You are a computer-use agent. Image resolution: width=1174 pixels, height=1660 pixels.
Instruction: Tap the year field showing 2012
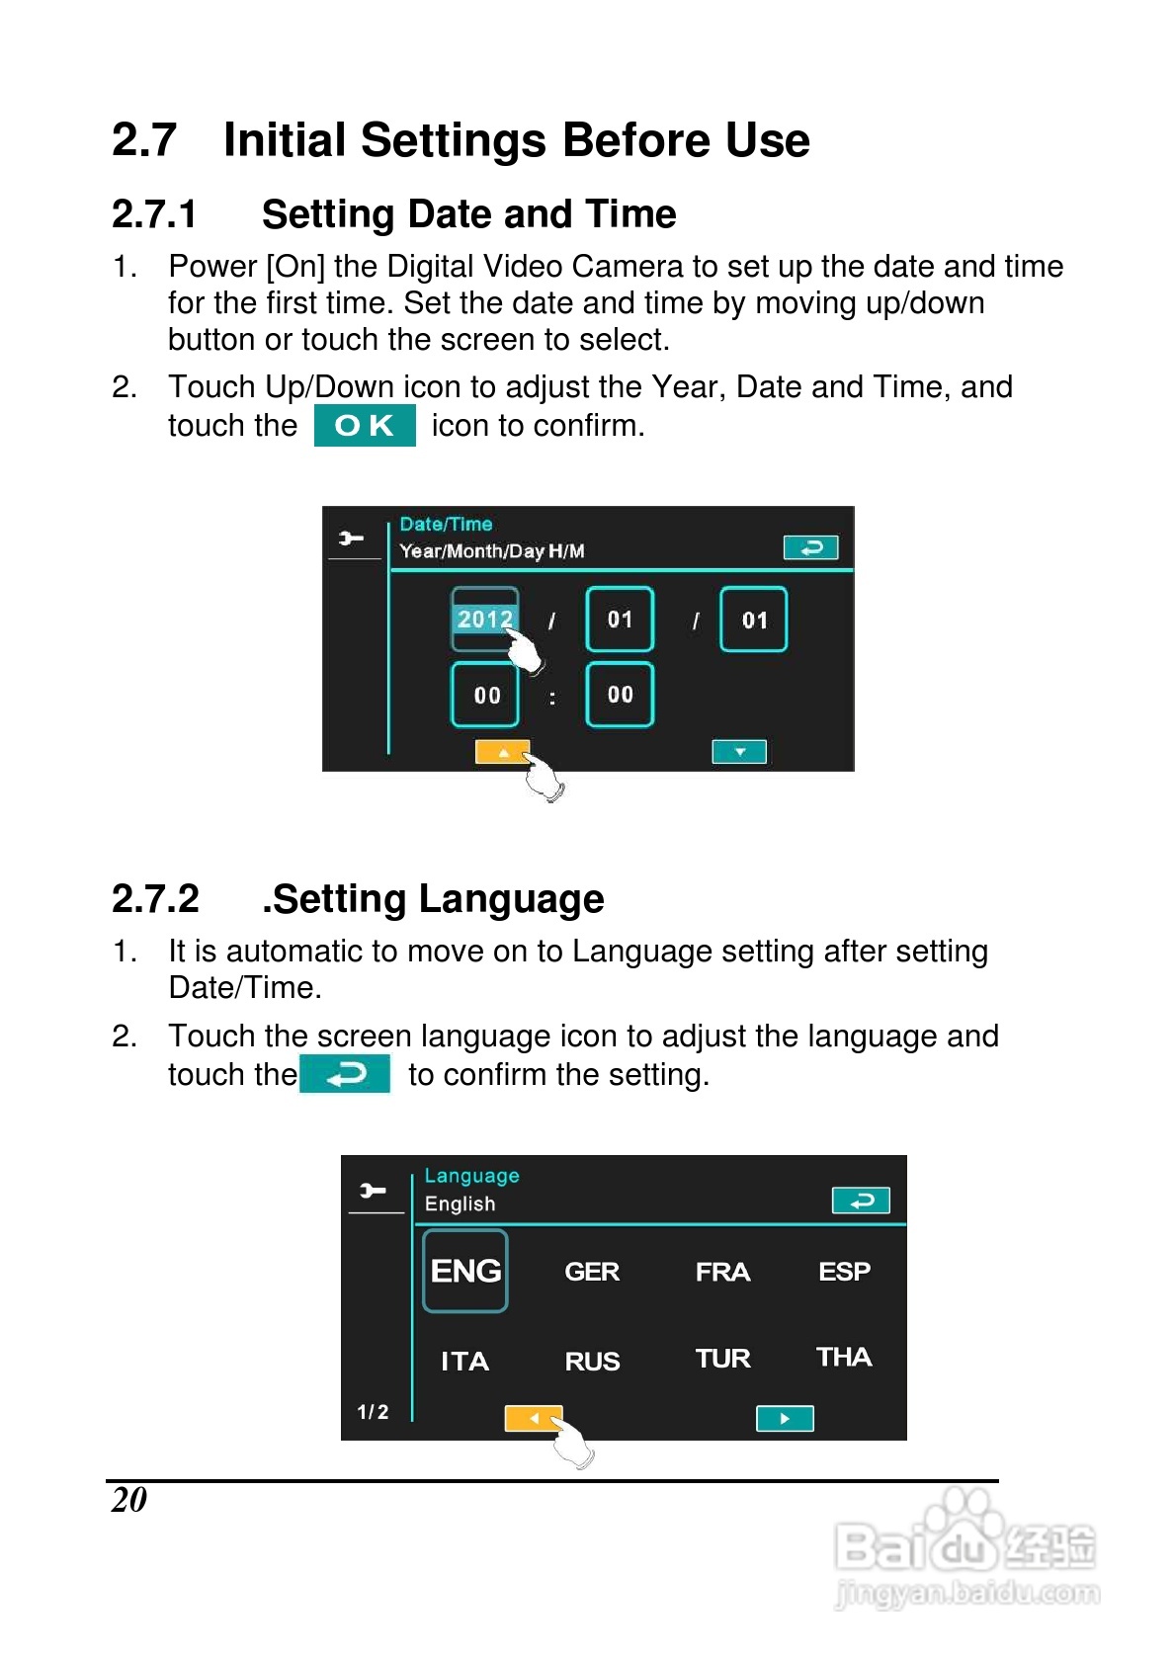pos(484,619)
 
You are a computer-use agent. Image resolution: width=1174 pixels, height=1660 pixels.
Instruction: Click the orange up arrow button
pos(502,751)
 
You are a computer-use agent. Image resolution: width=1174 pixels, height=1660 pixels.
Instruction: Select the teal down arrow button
pos(739,751)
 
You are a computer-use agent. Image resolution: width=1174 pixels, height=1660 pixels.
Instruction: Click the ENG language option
pos(465,1271)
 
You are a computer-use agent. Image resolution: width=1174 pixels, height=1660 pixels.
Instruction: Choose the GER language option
pos(591,1272)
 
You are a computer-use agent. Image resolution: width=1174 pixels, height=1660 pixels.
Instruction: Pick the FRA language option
pos(722,1272)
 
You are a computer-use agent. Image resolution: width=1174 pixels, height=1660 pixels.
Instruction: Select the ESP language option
pos(844,1272)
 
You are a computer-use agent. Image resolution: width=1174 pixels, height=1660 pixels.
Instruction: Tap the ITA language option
pos(464,1362)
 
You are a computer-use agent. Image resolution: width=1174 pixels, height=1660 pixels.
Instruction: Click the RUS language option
pos(591,1362)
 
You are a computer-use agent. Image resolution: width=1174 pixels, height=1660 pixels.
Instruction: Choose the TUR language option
pos(722,1359)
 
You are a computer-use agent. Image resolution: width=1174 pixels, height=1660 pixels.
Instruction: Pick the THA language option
pos(844,1357)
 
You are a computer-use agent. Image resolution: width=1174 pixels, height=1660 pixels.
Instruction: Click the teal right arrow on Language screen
pos(785,1419)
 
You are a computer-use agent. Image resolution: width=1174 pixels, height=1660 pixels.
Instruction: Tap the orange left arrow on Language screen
pos(534,1419)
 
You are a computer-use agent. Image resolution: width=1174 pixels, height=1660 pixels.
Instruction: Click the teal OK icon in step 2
pos(365,425)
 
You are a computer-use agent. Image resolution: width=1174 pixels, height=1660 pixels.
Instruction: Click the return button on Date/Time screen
pos(810,547)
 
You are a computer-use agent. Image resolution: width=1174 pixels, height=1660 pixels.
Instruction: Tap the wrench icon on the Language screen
pos(373,1191)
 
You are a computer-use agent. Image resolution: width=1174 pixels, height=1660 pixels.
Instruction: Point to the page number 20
pos(128,1500)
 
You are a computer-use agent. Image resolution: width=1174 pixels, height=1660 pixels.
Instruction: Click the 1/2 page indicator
pos(373,1412)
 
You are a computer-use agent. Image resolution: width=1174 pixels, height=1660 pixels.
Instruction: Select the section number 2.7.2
pos(156,898)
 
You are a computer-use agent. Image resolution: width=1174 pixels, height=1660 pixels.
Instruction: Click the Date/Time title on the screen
pos(447,524)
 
